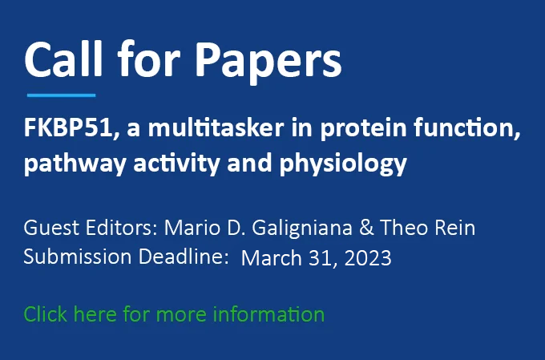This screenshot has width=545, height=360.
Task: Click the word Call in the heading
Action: (x=63, y=59)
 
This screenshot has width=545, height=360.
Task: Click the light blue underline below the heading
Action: (x=61, y=95)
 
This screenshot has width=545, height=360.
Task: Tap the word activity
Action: (x=176, y=164)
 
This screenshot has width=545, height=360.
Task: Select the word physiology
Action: (x=343, y=164)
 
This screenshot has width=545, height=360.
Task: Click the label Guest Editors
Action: (x=91, y=228)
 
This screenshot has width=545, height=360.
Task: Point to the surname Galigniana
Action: (x=302, y=229)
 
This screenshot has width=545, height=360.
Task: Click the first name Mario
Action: (x=192, y=228)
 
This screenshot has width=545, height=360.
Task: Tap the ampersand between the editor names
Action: (x=366, y=228)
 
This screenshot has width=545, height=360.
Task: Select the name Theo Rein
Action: (x=427, y=228)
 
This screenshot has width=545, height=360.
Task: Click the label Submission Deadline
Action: (x=126, y=257)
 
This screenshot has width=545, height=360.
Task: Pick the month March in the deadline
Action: (x=272, y=257)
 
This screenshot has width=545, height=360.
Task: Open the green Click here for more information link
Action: (x=174, y=314)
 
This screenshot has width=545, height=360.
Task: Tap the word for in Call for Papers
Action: (x=149, y=58)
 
